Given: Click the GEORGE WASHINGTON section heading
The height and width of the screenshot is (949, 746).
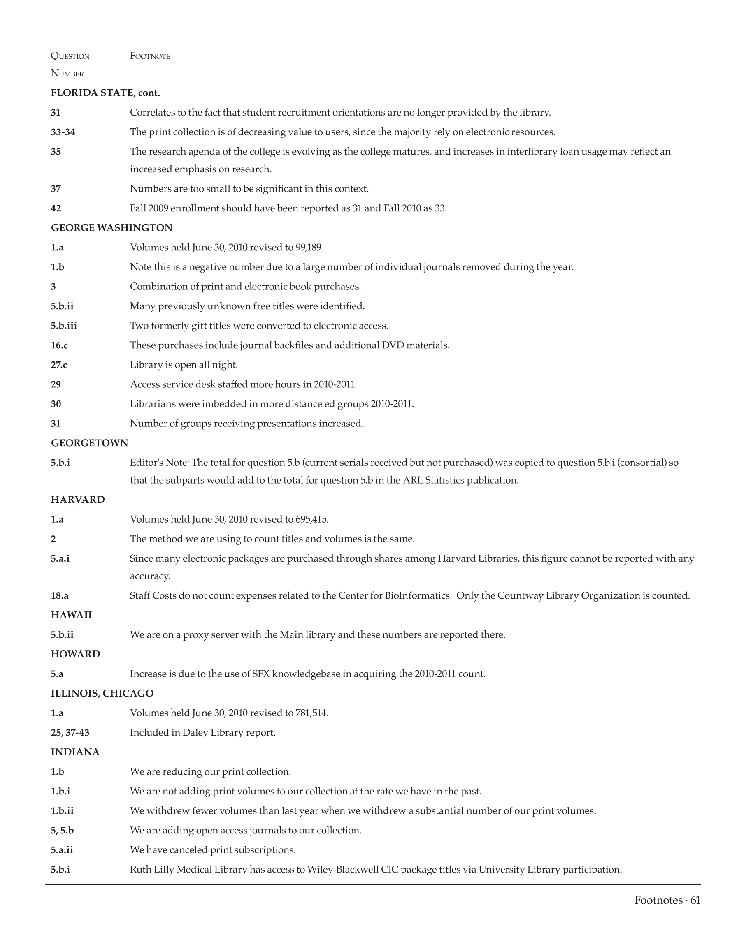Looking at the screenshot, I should [x=112, y=228].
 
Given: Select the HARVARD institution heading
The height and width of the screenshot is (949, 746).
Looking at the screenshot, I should [x=78, y=500].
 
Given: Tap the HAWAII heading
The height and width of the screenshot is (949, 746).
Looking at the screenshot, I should [x=71, y=615].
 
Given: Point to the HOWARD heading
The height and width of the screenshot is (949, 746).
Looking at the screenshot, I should [x=75, y=654].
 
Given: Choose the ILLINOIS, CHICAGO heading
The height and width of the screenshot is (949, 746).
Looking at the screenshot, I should [x=102, y=693].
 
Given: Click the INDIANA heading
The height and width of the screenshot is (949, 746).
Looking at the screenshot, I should [x=75, y=752].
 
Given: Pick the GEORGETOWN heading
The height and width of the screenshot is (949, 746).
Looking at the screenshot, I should [x=90, y=443].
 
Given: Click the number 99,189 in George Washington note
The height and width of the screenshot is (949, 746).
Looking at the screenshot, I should [x=309, y=248].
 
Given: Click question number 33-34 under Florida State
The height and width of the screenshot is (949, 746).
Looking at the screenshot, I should [x=63, y=132].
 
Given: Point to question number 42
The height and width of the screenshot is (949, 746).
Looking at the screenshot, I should [x=56, y=208].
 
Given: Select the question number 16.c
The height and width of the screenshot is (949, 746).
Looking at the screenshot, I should [x=59, y=345].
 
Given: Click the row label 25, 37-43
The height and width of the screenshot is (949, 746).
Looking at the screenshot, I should [x=70, y=732].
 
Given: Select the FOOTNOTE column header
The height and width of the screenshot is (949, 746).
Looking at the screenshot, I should [x=150, y=56].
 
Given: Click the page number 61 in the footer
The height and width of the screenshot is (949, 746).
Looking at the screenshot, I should [x=695, y=900].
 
